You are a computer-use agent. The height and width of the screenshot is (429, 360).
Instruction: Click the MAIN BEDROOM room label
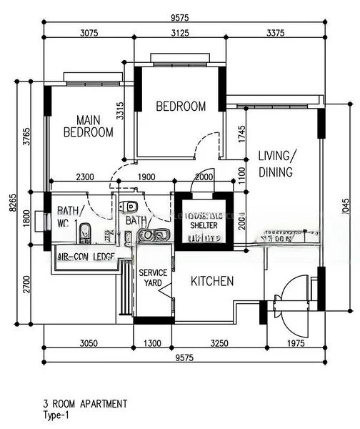[88, 126]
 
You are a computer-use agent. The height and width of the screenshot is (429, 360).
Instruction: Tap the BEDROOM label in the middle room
[181, 107]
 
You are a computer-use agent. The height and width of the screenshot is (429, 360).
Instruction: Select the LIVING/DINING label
[276, 164]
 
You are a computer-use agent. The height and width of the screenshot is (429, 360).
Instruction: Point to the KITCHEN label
[212, 282]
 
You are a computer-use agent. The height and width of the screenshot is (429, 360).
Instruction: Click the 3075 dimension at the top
[89, 32]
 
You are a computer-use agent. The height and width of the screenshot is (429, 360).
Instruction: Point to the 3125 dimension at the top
[181, 32]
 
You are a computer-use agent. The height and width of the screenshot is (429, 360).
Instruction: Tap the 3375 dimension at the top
[274, 32]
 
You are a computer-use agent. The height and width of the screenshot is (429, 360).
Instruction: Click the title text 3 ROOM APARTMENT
[86, 404]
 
